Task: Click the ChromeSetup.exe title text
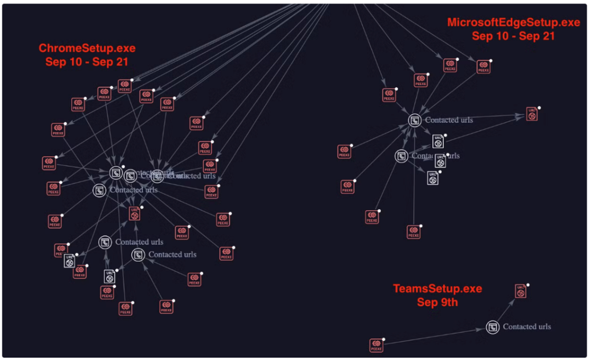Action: coord(87,48)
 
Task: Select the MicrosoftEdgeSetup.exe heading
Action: coord(513,22)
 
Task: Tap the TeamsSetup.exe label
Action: coord(437,288)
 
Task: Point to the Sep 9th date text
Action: coord(437,302)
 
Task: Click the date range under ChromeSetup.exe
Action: coord(87,62)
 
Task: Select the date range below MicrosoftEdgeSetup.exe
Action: coord(513,36)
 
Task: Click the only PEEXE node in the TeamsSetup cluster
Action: coord(376,345)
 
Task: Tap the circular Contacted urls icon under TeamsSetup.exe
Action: coord(492,327)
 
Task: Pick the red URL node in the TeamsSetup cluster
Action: coord(520,291)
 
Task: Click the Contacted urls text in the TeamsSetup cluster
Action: coord(527,327)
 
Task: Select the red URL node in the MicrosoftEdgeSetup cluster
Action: coord(532,114)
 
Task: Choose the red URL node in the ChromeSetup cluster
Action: coord(134,214)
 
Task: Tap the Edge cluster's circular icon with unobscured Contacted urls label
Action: coord(414,120)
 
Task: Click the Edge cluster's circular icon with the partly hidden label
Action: coord(401,156)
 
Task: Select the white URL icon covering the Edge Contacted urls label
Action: coord(440,161)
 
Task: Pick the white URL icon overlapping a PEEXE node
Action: coord(69,261)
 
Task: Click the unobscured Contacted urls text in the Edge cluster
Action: coord(449,120)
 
